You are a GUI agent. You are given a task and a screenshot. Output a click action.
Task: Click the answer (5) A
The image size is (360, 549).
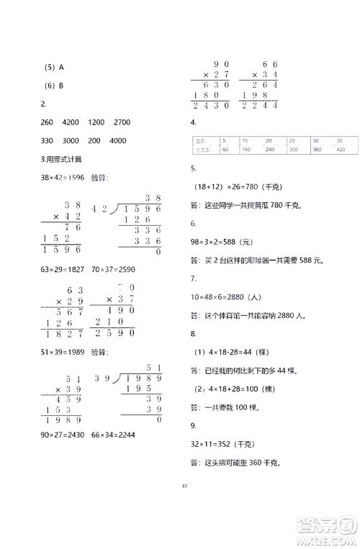pos(55,68)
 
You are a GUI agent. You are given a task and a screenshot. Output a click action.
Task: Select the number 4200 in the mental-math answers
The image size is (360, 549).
pos(71,122)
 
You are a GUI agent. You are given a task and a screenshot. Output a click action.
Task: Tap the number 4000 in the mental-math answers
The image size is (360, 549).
pos(117,140)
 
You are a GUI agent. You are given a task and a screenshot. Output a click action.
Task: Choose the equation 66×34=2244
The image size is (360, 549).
pos(114,435)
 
